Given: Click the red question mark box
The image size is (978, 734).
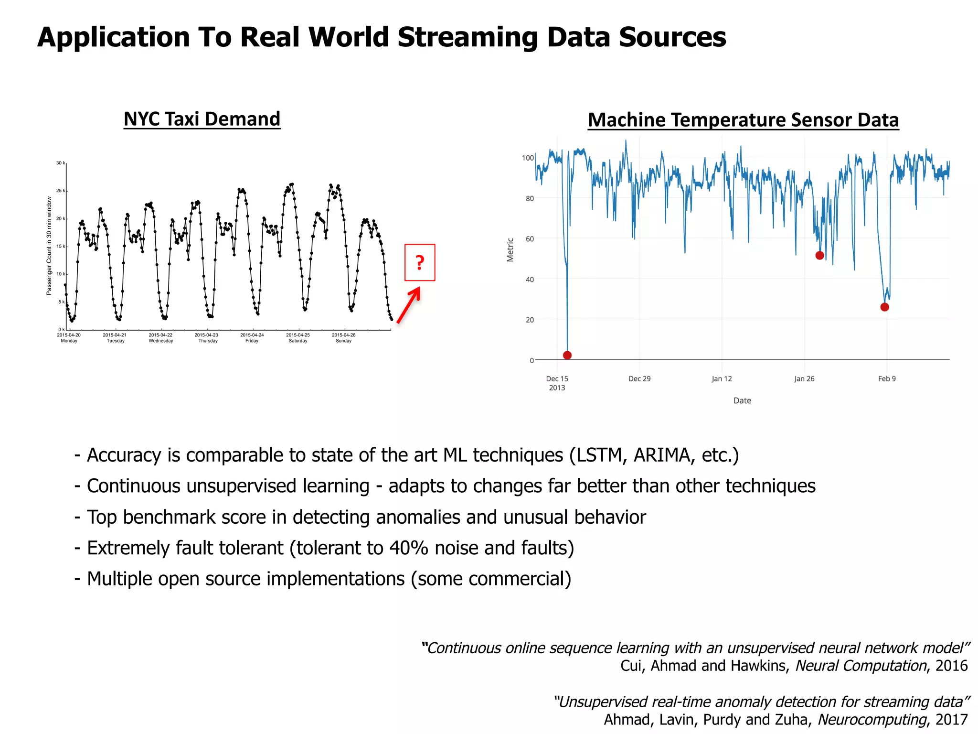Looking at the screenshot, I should [x=420, y=262].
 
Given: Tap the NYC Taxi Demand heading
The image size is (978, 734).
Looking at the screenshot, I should [x=202, y=119].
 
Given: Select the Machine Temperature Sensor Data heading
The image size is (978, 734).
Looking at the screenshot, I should [x=743, y=120].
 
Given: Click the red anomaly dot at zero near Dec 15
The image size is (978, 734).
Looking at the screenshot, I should [x=567, y=355].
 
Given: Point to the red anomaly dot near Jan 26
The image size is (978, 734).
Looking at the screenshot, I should [x=819, y=255].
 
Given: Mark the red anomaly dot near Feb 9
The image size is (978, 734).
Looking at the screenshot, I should [x=884, y=307].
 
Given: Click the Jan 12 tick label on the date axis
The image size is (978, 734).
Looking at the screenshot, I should [x=722, y=378].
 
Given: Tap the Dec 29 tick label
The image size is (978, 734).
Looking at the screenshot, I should [x=639, y=378].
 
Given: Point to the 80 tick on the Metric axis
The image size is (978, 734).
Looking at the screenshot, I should [x=530, y=198].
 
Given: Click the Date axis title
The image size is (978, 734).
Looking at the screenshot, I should [x=742, y=400].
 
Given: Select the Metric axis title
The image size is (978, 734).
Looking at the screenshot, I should [x=510, y=249].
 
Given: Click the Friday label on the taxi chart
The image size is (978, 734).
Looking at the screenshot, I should [x=252, y=341].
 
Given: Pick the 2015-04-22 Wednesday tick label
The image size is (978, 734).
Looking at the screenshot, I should [x=160, y=338].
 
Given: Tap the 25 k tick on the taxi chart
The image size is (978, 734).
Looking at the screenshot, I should [x=61, y=191].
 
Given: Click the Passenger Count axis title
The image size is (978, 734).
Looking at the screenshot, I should [x=49, y=246].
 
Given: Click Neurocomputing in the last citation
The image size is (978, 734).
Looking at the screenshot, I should [x=872, y=719].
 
